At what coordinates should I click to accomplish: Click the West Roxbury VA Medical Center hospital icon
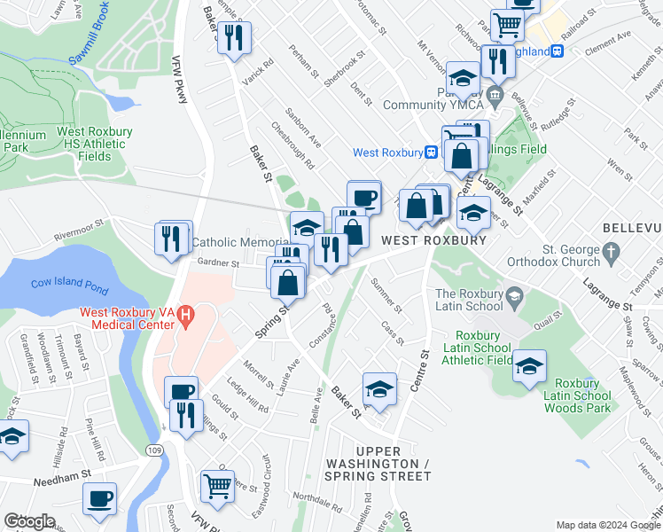[x=185, y=314]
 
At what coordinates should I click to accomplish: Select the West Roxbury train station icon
[x=431, y=152]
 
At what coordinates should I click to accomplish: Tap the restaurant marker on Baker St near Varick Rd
[x=235, y=37]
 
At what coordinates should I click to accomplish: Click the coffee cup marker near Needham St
[x=100, y=497]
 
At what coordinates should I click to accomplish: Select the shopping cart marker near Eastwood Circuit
[x=217, y=485]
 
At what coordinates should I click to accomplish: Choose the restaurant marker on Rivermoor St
[x=171, y=238]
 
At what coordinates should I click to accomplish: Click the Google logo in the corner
[x=29, y=521]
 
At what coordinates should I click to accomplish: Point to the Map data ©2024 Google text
[x=608, y=525]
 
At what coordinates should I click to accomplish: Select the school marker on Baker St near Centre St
[x=379, y=389]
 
